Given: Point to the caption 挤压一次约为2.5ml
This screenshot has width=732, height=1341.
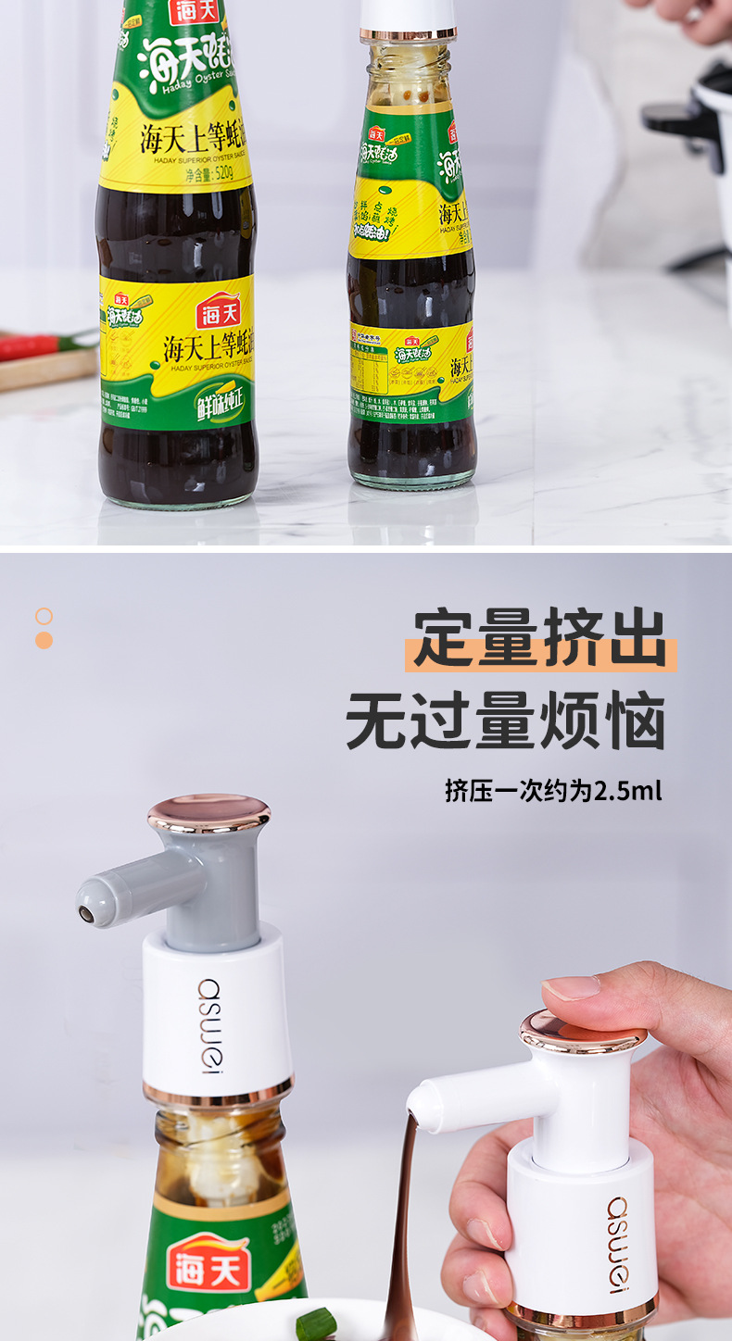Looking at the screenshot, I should (553, 792).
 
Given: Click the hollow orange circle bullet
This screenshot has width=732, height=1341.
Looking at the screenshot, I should (44, 616).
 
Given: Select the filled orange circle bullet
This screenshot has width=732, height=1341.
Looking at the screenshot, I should (44, 640).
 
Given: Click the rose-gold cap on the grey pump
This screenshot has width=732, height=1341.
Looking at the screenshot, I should (208, 812).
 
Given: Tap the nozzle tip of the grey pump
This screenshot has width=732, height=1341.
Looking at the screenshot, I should (86, 914).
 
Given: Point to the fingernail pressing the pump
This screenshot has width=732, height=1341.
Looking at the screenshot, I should (571, 987).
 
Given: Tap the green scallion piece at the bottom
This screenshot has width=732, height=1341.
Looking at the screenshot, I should (315, 1324).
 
